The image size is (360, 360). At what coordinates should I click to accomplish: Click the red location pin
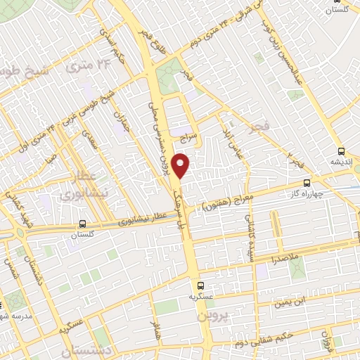click(182, 165)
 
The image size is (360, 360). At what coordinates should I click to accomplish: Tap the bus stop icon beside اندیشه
click(341, 151)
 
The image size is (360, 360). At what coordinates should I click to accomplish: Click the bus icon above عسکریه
click(201, 285)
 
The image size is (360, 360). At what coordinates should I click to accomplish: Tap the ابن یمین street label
click(291, 302)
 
